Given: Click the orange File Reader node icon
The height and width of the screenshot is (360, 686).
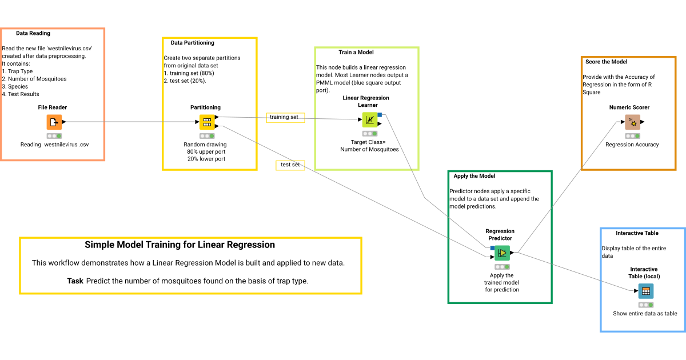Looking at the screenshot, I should coord(54,122).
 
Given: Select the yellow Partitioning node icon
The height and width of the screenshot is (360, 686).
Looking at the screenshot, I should coord(206,122).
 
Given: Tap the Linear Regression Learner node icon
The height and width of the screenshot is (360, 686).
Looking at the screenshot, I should coord(369,119).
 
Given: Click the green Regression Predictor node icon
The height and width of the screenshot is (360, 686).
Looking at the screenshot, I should coord(502,253).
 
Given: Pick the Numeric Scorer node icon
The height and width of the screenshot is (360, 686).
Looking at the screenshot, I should coord(632,122).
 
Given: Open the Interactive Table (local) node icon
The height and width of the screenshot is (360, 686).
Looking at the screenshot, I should coord(645,291).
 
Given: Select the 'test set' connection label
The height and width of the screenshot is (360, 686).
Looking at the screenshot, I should coord(290,165).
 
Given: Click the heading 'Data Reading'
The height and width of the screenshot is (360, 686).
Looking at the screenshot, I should coord(33,33).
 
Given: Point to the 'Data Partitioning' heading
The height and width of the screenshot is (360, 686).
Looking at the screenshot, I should coord(192,43).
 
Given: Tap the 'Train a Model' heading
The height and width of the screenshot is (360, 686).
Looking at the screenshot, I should coord(356,53).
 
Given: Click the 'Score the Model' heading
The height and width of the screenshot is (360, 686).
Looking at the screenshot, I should coord(606,62).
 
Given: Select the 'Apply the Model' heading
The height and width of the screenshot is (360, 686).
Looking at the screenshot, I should coord(474,176).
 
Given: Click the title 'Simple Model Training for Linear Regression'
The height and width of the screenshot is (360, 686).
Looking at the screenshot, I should coord(180,245).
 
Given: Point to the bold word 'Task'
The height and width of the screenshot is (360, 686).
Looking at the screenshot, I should coord(75,281).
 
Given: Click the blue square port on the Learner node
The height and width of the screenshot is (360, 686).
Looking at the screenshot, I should coord(380,115).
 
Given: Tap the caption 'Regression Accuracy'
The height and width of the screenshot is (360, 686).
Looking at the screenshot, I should coord(632,145).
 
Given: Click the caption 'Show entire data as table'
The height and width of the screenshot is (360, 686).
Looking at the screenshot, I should coord(645,313).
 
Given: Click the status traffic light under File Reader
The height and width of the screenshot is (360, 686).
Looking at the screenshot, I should coord(54,136).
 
